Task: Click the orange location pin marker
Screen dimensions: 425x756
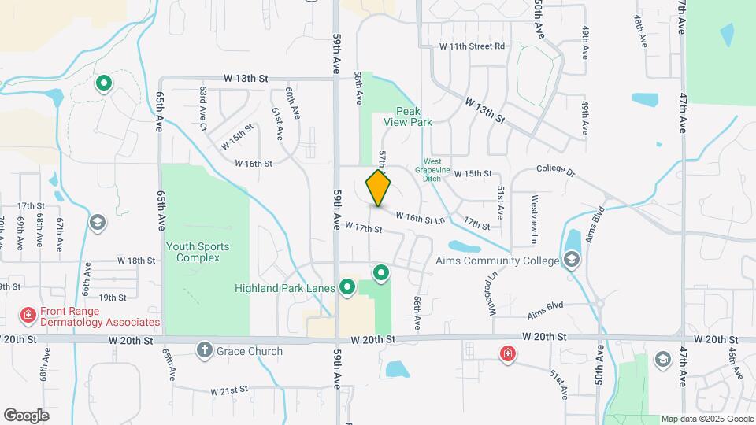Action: coord(379,188)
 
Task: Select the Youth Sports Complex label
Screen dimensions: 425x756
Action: coord(198,252)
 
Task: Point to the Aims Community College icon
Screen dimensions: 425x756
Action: coord(572,260)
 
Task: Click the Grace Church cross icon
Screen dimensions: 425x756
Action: coord(204,351)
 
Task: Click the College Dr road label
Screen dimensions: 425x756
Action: coord(557,169)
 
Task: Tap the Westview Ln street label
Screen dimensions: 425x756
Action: coord(535,218)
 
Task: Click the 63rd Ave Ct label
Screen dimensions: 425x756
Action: coord(202,109)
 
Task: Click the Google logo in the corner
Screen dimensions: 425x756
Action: coord(26,415)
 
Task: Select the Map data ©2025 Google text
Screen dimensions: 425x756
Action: coord(706,419)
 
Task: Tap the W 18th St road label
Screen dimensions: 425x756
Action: coord(136,260)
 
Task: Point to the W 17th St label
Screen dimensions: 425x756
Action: coord(363,228)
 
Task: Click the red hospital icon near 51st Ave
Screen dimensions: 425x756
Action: coord(508,354)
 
